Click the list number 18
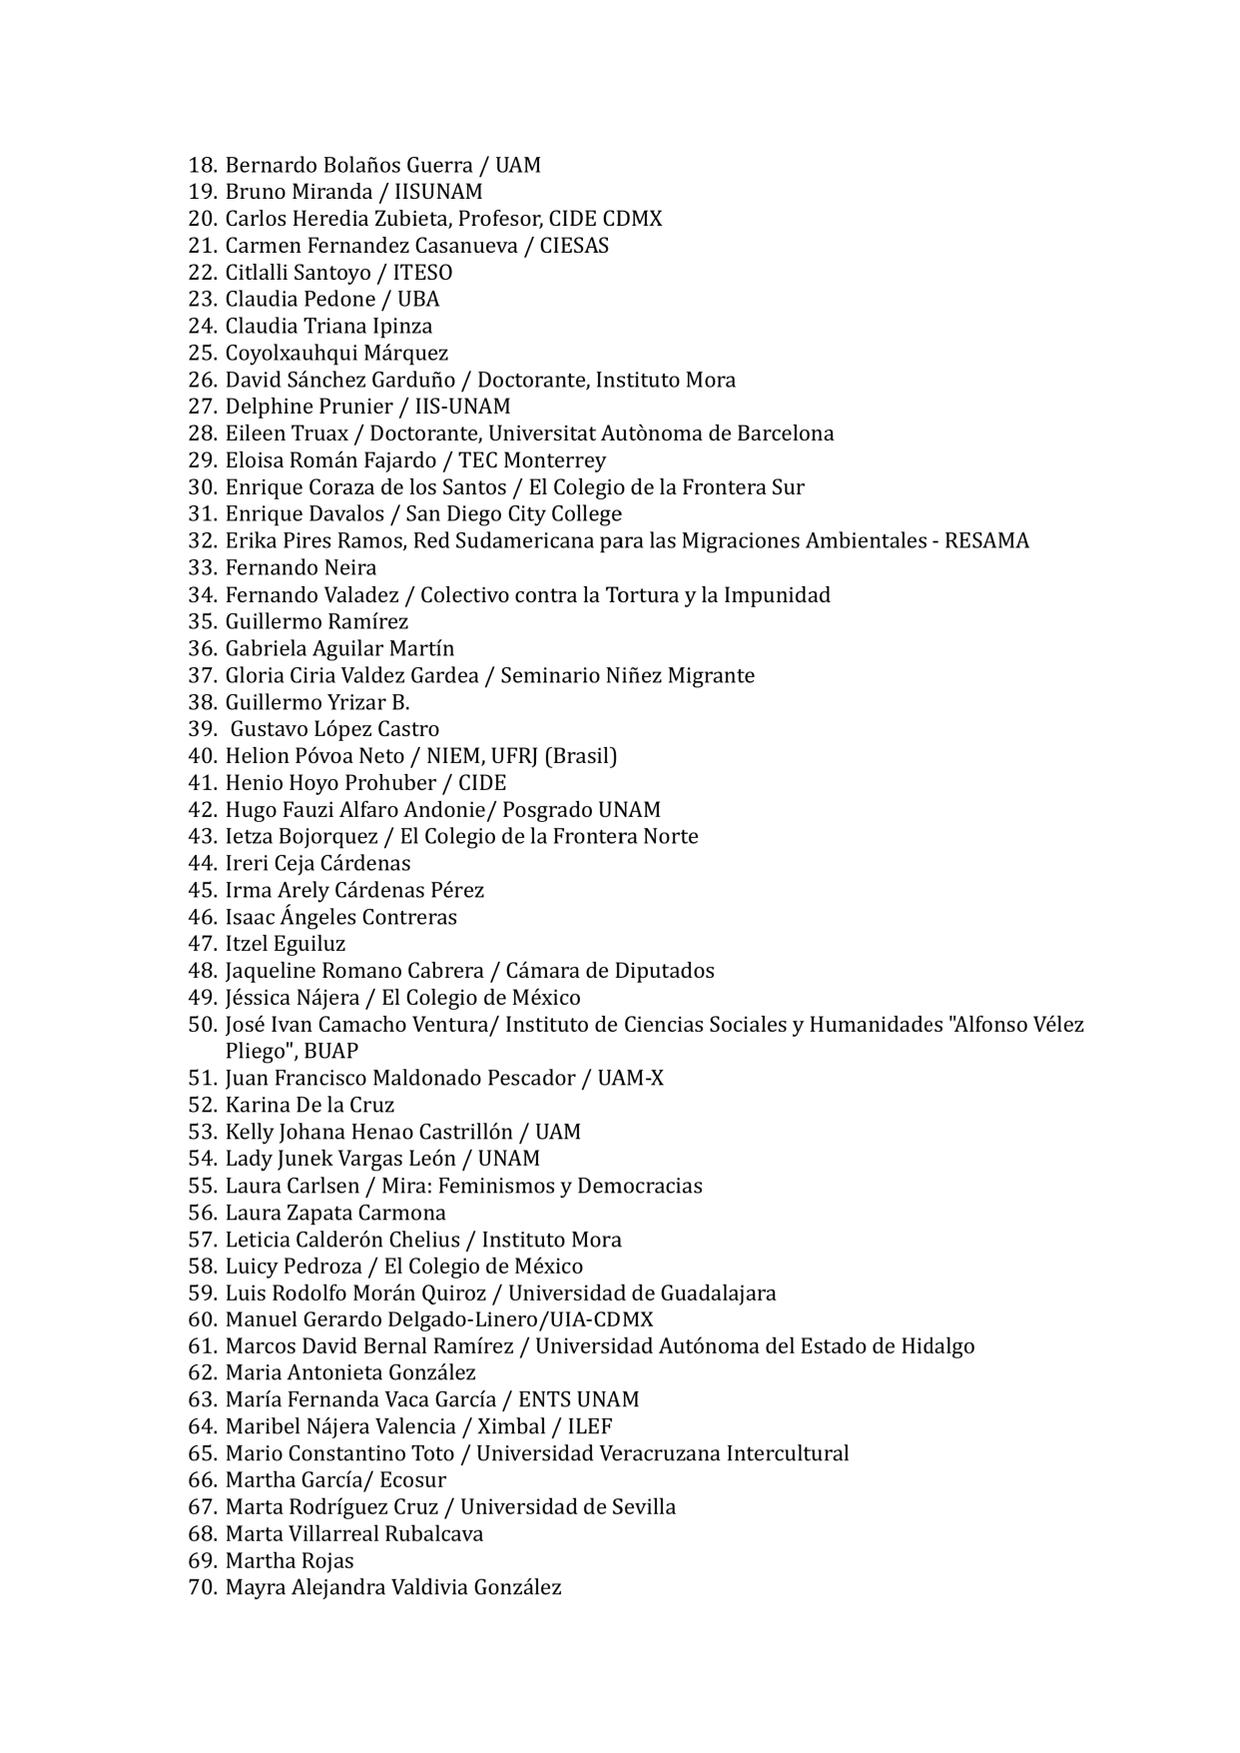click(x=202, y=165)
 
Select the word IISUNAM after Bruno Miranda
click(x=438, y=192)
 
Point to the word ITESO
click(x=422, y=273)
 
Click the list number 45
click(x=202, y=890)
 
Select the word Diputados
click(x=664, y=971)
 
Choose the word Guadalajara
click(x=718, y=1294)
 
